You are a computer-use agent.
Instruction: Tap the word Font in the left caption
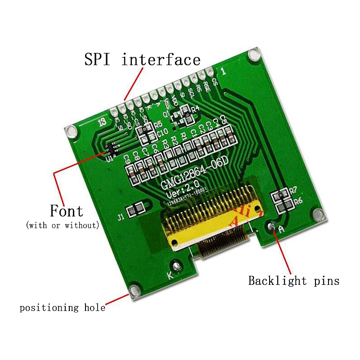(x=66, y=211)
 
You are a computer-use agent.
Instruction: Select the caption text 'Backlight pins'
(x=294, y=281)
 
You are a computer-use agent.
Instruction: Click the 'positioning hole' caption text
(x=62, y=308)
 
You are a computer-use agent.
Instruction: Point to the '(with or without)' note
(x=63, y=225)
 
